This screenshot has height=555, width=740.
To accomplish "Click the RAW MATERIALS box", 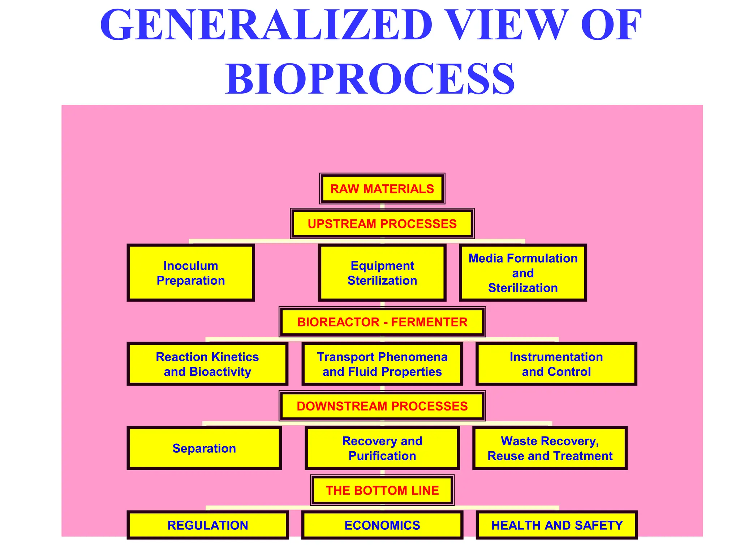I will (382, 189).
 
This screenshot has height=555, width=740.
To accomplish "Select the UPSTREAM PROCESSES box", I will (382, 224).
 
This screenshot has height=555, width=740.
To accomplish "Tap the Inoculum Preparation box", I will (191, 273).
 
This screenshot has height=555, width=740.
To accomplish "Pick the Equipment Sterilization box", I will (382, 273).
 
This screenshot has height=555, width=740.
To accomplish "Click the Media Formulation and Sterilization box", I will (522, 273).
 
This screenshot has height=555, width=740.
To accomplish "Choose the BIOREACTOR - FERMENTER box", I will (382, 322).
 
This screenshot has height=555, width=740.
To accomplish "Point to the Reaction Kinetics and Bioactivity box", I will (207, 364).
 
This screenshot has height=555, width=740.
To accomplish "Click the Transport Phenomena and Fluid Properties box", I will (382, 364).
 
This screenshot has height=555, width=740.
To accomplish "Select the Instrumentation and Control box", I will (556, 364).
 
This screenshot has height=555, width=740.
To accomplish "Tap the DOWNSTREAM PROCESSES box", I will (382, 406).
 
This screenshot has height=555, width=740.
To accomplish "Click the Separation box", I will (204, 448).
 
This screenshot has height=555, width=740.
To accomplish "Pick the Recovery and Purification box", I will (382, 448).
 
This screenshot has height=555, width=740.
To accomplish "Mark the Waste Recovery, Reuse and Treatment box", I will (550, 448).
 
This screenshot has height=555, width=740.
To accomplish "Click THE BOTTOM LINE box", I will (382, 490).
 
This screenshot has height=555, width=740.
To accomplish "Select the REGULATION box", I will (208, 525).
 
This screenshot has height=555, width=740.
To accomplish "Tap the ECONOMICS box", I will (382, 525).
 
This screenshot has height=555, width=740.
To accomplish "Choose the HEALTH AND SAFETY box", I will (557, 525).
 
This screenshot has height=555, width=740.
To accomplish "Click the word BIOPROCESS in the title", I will (370, 79).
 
